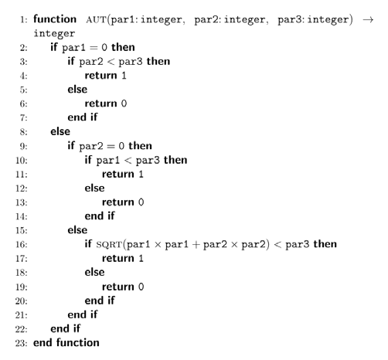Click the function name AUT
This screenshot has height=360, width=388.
(96, 20)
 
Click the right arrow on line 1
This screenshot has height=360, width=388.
(368, 20)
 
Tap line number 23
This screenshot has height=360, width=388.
(21, 343)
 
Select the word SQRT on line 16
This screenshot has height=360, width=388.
(109, 244)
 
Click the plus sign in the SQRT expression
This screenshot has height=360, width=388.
(196, 244)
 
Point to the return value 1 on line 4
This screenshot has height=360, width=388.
(124, 76)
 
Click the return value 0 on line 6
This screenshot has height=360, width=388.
(124, 104)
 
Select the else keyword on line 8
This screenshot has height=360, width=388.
(60, 131)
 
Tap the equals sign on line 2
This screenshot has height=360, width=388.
(94, 48)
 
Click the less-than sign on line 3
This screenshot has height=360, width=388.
(111, 62)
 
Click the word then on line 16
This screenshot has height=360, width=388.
(325, 244)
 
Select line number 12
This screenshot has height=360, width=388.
(21, 188)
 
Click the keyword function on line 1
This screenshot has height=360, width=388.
(55, 19)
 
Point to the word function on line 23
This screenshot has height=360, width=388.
(78, 343)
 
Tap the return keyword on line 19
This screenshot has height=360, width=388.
(118, 287)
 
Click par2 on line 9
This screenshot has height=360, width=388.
(91, 147)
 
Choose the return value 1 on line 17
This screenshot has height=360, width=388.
(141, 259)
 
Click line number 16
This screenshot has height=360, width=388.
(21, 244)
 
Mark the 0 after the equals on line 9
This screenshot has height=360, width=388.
(121, 146)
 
